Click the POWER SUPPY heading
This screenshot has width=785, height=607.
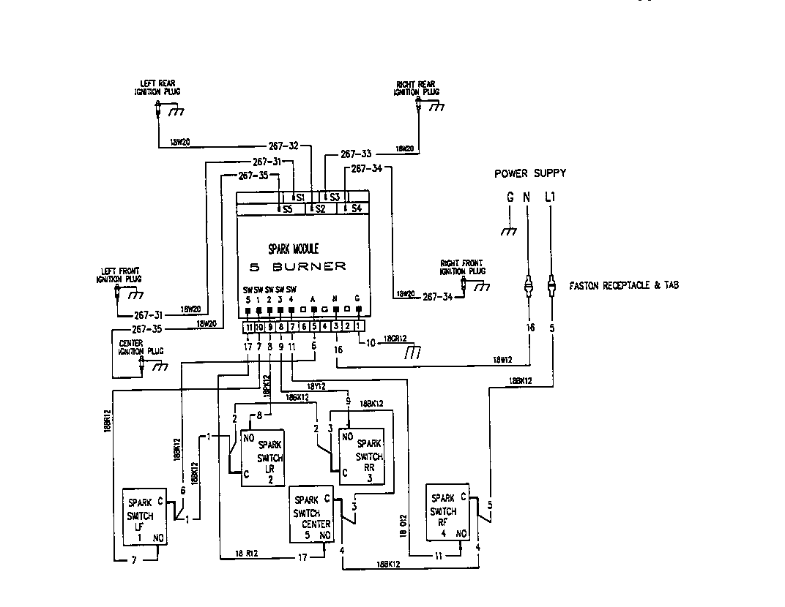[x=529, y=173]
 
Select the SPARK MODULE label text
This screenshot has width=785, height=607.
[x=293, y=249]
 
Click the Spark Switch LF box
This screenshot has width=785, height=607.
[x=146, y=518]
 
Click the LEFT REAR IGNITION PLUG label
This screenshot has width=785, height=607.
[x=157, y=88]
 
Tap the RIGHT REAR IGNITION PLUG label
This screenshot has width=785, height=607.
[x=417, y=88]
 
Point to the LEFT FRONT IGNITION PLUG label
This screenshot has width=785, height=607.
[x=119, y=275]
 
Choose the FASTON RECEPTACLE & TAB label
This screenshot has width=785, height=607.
[x=623, y=285]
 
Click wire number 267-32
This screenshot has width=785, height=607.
[x=283, y=146]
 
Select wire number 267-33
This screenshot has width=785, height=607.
[x=357, y=154]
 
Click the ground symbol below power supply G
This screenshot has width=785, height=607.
[x=509, y=231]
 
